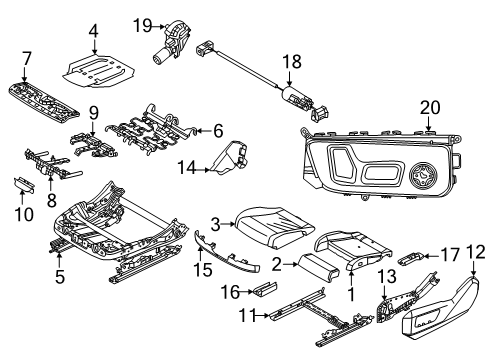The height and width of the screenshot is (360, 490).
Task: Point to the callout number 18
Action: (292, 63)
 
